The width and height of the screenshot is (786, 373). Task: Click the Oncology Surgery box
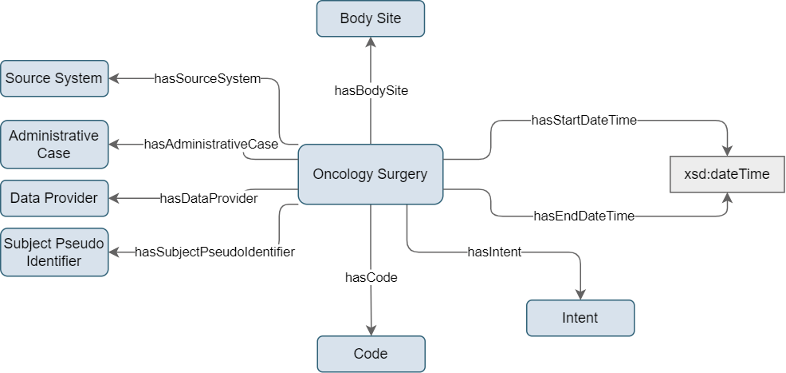pos(371,174)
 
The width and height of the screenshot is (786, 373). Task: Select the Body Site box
pos(371,18)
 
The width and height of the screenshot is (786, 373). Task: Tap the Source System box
pos(54,78)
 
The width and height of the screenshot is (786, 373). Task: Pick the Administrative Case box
pos(54,144)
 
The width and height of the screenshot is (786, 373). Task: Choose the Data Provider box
pos(54,198)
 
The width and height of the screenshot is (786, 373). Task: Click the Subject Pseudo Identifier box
pos(54,252)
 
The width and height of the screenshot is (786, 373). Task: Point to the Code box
pos(371,354)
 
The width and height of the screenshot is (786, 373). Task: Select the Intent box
pos(580,318)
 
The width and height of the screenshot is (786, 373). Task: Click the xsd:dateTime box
pos(727,174)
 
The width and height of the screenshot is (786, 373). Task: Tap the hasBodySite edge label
pos(371,91)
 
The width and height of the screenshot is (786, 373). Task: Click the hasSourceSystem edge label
pos(207,78)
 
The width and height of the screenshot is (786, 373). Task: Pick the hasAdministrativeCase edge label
pos(211,145)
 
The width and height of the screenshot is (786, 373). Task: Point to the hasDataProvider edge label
pos(209,198)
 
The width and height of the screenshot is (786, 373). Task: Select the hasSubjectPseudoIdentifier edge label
pos(214,252)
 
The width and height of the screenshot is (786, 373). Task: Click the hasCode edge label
pos(371,277)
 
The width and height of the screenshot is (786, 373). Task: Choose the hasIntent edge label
pos(495,252)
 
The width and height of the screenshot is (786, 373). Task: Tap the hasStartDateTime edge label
pos(584,121)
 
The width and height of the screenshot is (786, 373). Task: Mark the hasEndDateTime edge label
pos(584,216)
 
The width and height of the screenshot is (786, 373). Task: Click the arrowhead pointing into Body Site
pos(371,42)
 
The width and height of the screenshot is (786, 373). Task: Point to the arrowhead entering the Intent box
pos(580,295)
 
